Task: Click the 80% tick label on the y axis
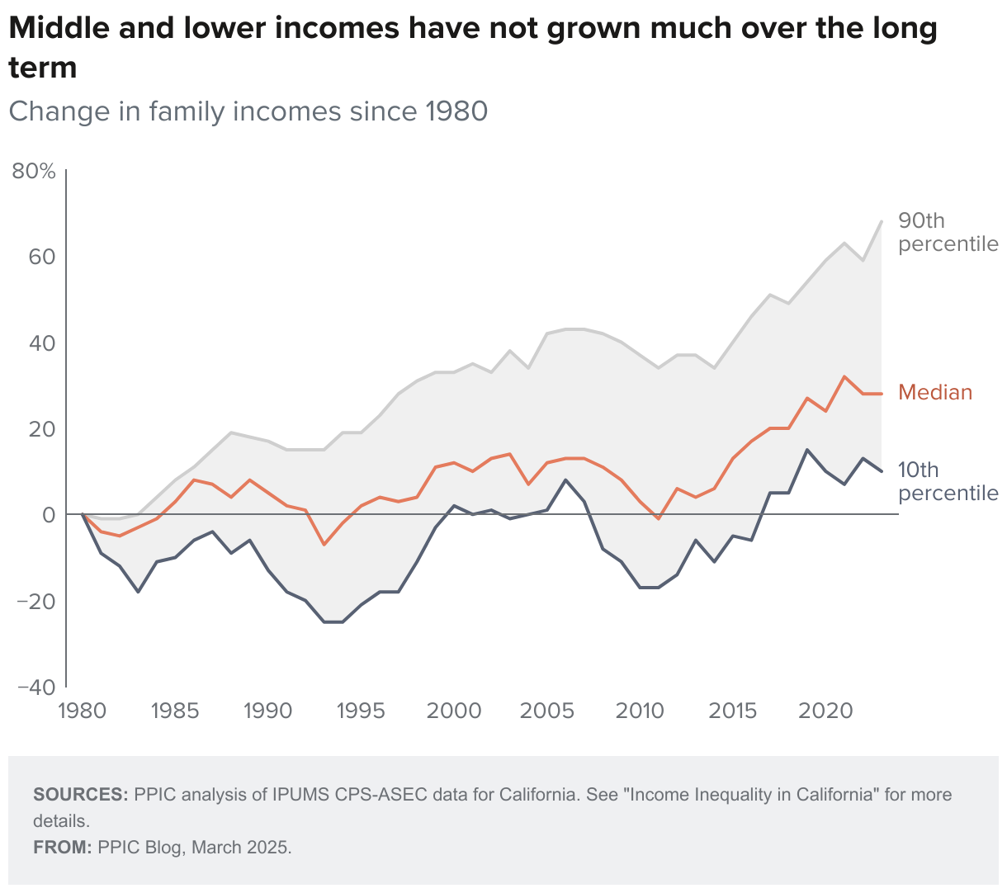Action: (x=34, y=172)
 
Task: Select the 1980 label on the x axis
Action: (x=83, y=711)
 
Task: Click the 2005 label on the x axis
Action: (x=547, y=711)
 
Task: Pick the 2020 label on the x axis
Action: (x=826, y=711)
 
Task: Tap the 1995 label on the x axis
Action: (x=361, y=711)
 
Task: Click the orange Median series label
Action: (x=935, y=392)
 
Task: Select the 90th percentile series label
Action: (x=948, y=232)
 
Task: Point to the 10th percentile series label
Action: (x=948, y=481)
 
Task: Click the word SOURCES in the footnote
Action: (x=80, y=795)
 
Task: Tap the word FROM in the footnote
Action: (x=62, y=848)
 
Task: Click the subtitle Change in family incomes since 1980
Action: (x=248, y=111)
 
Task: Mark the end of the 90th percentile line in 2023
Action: (x=882, y=221)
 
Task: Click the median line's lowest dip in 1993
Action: (x=324, y=544)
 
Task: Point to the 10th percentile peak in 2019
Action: (x=807, y=450)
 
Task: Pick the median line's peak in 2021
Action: (x=844, y=376)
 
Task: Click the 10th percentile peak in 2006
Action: (x=565, y=480)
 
